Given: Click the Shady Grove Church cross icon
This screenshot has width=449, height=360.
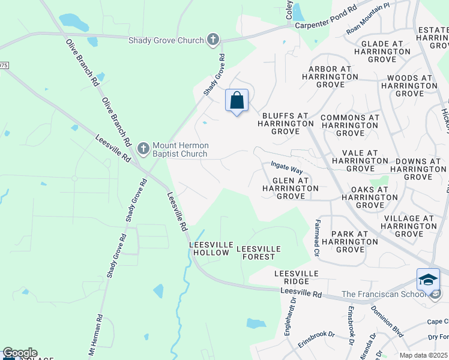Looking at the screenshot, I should [x=212, y=40].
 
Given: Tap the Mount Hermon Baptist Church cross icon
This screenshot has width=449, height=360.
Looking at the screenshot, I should [x=143, y=148].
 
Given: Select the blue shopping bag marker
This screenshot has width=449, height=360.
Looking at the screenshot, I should [x=237, y=100].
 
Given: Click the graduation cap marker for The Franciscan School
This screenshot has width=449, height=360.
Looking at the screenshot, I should [x=428, y=280].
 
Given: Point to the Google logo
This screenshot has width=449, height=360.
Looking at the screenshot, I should [x=20, y=353].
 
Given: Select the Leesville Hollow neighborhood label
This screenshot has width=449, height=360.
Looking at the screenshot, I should [x=209, y=248].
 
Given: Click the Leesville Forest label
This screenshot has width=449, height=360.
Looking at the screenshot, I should [x=256, y=253].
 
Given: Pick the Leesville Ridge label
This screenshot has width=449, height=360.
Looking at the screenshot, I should [x=296, y=277].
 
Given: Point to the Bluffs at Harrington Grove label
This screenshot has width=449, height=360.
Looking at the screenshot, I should [x=285, y=123].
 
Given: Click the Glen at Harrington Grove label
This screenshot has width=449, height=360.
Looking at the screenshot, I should [x=291, y=188].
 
